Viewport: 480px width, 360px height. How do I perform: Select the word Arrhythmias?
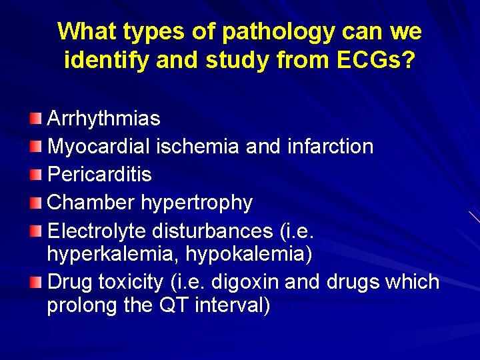point(103,119)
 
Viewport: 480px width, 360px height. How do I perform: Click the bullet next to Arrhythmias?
point(35,119)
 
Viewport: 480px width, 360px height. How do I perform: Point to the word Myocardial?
point(100,147)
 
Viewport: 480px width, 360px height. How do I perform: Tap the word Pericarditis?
point(99,175)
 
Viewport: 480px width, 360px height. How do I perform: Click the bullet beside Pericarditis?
point(35,175)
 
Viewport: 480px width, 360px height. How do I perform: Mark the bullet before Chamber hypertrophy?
point(35,203)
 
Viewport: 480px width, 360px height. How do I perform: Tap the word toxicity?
point(130,282)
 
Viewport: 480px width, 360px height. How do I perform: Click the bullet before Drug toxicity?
point(35,282)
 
